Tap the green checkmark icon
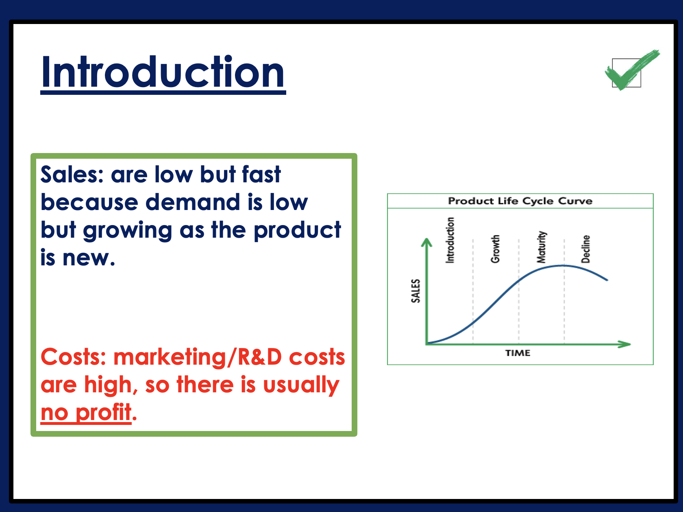point(632,70)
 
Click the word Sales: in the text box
point(72,174)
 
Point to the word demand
point(193,202)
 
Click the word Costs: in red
point(74,357)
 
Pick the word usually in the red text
point(301,385)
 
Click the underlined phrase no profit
point(86,412)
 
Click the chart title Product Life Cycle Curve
point(520,201)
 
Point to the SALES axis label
point(416,291)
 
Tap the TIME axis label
point(518,353)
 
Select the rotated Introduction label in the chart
point(450,240)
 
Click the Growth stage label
point(495,249)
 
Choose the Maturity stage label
point(542,247)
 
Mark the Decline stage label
point(585,249)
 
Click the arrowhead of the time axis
point(625,344)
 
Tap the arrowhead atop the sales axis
point(426,243)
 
